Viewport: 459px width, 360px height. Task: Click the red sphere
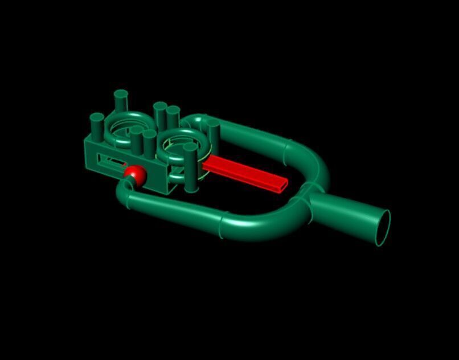click(x=135, y=174)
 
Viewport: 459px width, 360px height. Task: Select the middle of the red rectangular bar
click(x=242, y=172)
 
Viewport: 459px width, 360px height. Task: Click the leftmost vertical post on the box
click(x=97, y=126)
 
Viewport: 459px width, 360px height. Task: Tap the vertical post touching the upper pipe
click(x=214, y=134)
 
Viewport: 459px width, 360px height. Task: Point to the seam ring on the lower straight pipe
click(x=222, y=225)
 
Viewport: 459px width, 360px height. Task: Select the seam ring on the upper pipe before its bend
click(x=285, y=149)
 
